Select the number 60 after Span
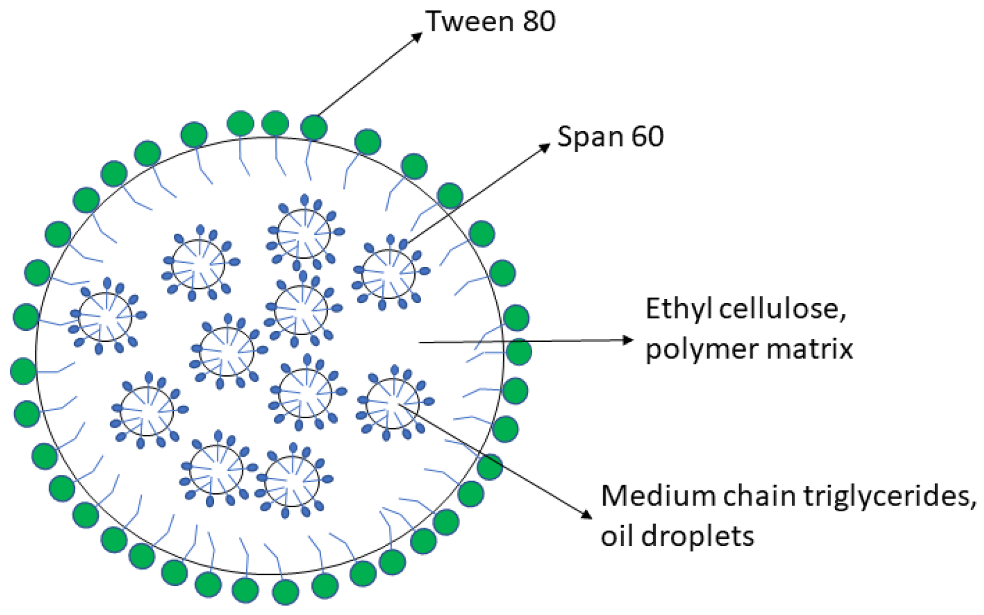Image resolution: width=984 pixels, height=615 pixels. point(646,137)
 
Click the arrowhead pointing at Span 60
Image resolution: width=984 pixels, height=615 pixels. point(545,147)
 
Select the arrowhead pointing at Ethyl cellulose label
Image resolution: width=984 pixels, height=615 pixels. point(628,340)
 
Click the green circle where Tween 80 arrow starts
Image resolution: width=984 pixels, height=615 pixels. point(313,127)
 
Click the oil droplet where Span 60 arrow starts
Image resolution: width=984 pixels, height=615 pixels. point(389,274)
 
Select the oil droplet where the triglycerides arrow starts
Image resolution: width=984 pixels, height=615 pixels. point(393,403)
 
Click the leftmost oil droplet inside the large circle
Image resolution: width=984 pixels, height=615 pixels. point(105,317)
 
